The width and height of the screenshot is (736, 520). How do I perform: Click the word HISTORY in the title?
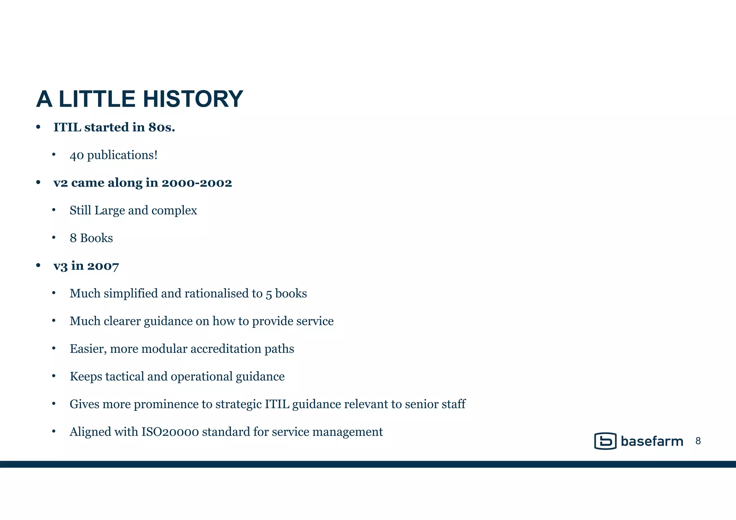coord(193,99)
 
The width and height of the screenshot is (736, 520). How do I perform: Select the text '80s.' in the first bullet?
coord(161,127)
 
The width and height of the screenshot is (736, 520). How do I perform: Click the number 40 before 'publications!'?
coord(77,155)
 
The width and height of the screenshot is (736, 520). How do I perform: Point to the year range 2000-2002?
coord(197,183)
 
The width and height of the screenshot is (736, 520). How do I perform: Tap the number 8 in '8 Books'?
coord(73,238)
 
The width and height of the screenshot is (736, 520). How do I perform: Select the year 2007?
coord(103,266)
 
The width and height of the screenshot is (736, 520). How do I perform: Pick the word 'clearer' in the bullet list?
coord(122,321)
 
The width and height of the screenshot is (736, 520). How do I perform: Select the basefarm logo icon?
coord(605,441)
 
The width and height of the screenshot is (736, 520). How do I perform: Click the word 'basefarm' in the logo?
coord(652,441)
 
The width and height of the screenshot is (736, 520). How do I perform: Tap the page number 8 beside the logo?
coord(698,441)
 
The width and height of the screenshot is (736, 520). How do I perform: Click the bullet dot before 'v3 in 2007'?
coord(38,266)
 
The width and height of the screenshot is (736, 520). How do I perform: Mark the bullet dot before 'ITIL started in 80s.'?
coord(38,127)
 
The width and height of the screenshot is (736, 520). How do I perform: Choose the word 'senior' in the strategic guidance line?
coord(421,404)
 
